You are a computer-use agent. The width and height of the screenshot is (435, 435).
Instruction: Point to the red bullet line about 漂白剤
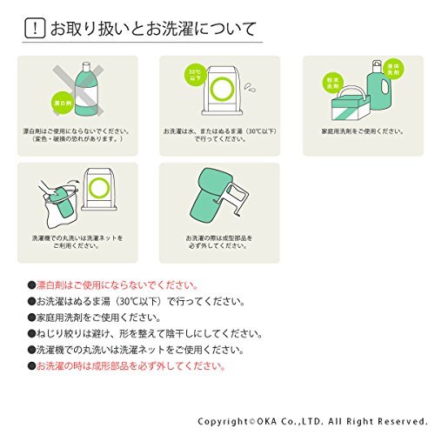click(x=113, y=284)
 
